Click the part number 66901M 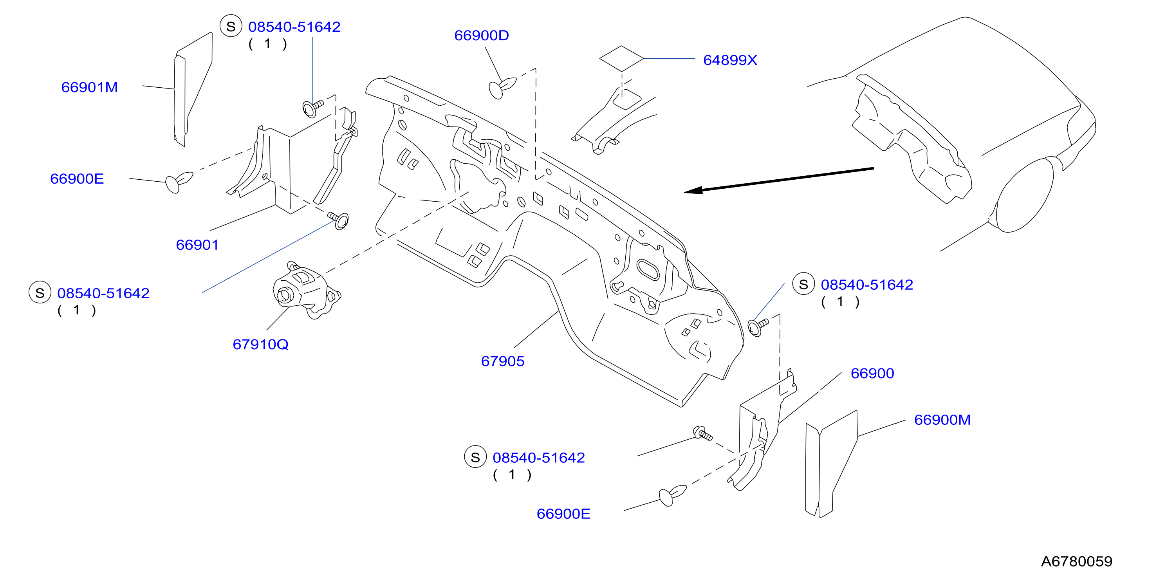point(89,87)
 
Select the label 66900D point(482,36)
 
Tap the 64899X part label point(730,60)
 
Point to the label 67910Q point(260,345)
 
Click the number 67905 point(503,361)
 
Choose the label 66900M point(942,420)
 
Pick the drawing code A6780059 point(1077,561)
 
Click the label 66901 point(197,245)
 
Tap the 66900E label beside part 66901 point(77,179)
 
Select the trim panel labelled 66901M point(193,89)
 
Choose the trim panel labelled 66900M point(831,464)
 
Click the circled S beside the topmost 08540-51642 point(231,27)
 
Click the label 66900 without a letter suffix point(872,373)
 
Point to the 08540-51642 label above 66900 point(867,285)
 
